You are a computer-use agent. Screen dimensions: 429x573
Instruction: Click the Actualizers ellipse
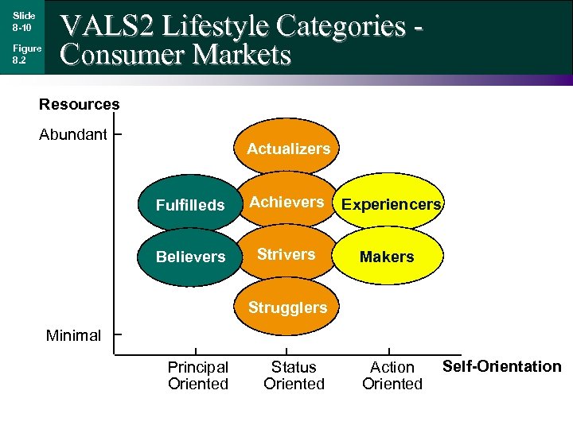click(x=288, y=148)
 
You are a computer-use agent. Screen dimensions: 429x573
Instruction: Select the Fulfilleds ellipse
click(x=190, y=205)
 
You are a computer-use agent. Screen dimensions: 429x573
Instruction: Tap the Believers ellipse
click(x=190, y=257)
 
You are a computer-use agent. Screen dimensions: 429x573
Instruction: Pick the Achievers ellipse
click(x=287, y=202)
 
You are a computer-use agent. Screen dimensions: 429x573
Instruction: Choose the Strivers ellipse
click(x=286, y=254)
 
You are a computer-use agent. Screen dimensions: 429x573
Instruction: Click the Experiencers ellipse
click(x=391, y=204)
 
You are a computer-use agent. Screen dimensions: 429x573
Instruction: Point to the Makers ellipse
click(x=387, y=257)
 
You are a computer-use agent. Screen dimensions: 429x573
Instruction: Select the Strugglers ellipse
click(x=287, y=307)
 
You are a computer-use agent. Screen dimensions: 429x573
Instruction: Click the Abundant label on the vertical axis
click(x=73, y=134)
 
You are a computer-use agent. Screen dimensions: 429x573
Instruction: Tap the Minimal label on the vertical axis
click(x=73, y=335)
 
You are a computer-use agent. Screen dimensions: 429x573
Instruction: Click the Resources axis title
click(x=80, y=104)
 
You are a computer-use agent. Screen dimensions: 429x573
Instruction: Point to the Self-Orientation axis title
click(x=501, y=366)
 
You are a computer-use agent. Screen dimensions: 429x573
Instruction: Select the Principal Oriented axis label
click(x=197, y=376)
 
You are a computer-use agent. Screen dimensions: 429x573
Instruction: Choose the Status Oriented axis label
click(x=294, y=376)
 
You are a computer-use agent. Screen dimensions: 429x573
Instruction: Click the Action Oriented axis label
click(x=392, y=376)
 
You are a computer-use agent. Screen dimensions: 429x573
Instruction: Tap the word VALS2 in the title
click(x=108, y=26)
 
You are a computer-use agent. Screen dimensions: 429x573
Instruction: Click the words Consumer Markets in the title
click(x=176, y=56)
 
